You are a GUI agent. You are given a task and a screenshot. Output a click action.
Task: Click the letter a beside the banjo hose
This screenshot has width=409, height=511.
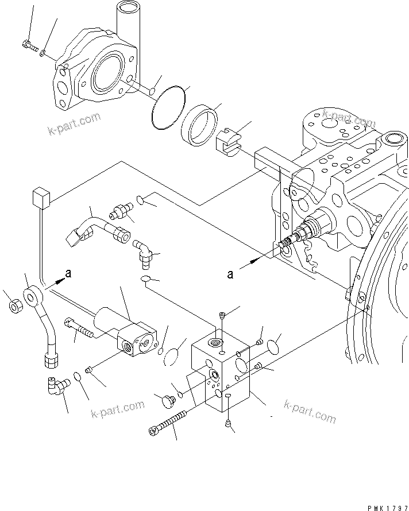(x=68, y=274)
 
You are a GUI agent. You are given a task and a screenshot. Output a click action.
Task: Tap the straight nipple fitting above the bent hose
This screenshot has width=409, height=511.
(x=121, y=212)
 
